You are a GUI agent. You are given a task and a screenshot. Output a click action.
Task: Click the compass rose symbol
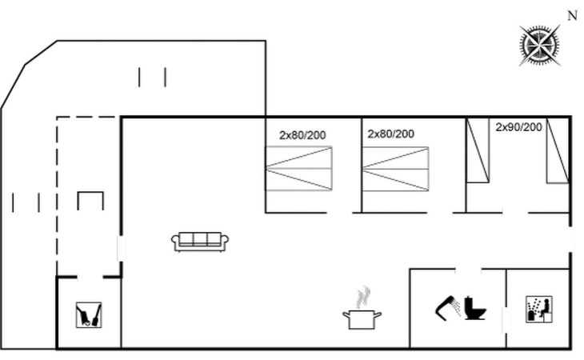coord(540,45)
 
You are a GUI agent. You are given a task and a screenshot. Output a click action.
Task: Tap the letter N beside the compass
coord(573,16)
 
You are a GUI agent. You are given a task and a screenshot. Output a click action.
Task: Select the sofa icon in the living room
coord(200,242)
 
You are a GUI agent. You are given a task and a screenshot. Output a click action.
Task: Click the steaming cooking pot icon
coord(362,308)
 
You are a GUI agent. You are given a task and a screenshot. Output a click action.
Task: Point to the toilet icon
coord(475,308)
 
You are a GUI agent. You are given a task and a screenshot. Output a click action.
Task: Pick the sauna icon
coord(539,310)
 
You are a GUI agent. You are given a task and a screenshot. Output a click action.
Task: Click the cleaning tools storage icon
coord(89,315)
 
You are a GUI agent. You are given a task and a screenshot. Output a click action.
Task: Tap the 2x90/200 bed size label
coord(518,127)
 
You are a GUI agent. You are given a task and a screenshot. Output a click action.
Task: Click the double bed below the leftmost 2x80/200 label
coord(298,169)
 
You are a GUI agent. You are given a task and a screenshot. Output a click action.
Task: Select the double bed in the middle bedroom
coord(395,169)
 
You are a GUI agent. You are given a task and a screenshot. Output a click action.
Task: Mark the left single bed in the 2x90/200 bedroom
coord(478,150)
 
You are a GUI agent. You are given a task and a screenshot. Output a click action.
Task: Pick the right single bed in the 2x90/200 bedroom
coord(558,150)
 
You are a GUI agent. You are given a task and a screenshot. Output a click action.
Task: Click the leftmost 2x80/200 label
coord(302,135)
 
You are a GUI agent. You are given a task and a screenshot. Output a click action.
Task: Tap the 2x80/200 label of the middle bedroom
coord(390,134)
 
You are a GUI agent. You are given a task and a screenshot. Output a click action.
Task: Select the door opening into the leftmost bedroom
coord(340,213)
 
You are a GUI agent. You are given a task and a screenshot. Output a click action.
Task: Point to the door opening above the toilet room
coord(468,269)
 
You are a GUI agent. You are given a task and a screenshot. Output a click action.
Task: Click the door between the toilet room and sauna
coord(506,320)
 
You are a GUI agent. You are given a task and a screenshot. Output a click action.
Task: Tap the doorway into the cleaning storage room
coord(90,277)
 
